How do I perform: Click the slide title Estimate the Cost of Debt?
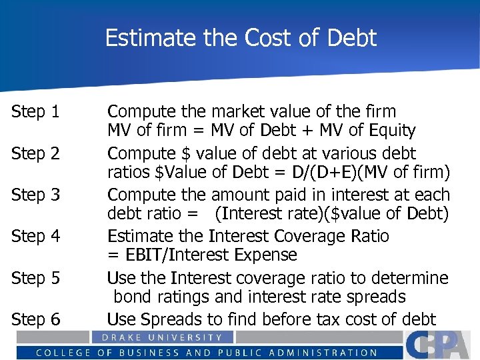click(241, 38)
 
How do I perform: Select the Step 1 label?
click(35, 112)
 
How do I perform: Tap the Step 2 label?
click(35, 154)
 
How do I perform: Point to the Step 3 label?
click(35, 195)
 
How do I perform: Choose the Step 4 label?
click(35, 237)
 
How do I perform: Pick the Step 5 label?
click(35, 278)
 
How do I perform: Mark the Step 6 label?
click(35, 320)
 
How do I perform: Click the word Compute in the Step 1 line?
click(137, 111)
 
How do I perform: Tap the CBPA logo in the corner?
click(441, 345)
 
